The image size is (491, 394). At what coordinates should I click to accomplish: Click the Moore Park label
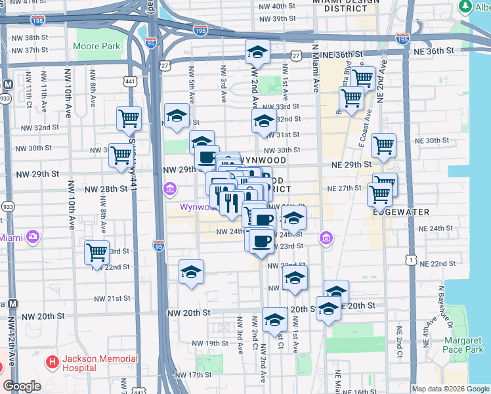coord(96,47)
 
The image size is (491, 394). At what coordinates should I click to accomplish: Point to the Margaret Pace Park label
coord(463,345)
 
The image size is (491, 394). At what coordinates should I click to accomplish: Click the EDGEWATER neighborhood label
coord(400,212)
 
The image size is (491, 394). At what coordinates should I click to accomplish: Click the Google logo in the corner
coord(22,386)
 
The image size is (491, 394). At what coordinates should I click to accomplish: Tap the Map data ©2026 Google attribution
coord(450,389)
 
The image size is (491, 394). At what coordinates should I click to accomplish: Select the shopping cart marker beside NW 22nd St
coord(97,252)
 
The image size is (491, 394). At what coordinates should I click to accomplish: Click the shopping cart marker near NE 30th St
coord(383,145)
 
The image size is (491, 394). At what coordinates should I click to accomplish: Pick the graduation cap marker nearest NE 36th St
coord(257,53)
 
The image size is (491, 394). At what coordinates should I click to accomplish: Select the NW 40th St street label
coord(280,6)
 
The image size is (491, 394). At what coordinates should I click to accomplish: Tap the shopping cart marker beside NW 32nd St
coord(129,118)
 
